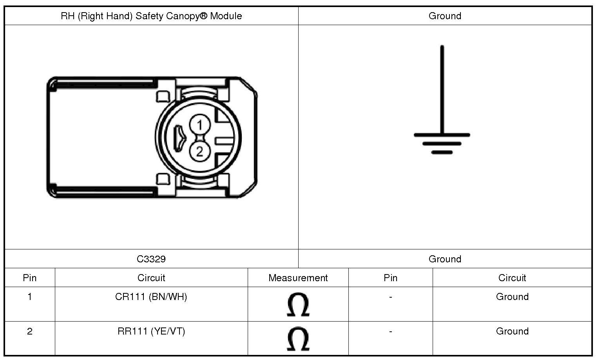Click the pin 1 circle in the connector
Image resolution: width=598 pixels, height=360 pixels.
[200, 125]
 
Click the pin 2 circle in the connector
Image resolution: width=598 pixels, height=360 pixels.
[200, 151]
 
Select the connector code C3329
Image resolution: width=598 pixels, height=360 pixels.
[151, 259]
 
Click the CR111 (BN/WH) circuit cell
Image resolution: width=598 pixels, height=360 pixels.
[151, 297]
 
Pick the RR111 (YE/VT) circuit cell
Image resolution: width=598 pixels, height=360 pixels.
[151, 331]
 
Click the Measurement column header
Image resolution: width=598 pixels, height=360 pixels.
[298, 278]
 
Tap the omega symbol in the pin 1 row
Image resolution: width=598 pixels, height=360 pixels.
[298, 305]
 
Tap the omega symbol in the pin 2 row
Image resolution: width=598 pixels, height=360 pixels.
[298, 339]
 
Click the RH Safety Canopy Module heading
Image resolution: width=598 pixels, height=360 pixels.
[151, 16]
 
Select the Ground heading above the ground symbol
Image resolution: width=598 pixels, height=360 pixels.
[445, 16]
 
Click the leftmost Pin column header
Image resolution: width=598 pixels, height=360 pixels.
[30, 278]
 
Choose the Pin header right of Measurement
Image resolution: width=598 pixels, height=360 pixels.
[390, 278]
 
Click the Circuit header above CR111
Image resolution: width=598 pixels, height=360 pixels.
[151, 278]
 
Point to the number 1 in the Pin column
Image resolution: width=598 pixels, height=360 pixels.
[30, 297]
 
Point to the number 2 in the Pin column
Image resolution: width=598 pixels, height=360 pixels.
[30, 331]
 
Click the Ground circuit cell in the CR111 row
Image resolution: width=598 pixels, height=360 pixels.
[512, 297]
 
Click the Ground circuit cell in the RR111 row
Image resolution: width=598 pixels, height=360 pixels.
[512, 331]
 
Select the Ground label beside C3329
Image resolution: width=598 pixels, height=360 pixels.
[445, 259]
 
